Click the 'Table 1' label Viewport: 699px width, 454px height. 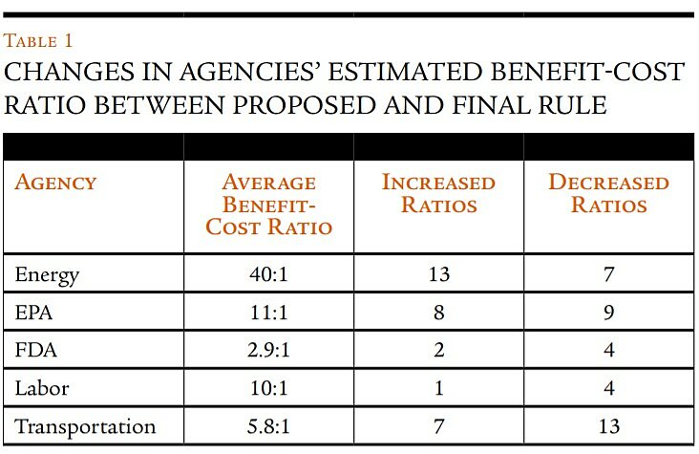coord(38,41)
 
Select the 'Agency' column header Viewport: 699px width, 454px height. coord(55,182)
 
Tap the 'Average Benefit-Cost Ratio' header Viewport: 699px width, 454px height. coord(268,204)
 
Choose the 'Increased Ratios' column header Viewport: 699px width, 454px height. coord(438,192)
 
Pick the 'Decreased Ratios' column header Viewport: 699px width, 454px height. coord(608,192)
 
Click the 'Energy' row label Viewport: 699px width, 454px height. coord(47,275)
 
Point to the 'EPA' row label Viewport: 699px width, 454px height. coord(35,313)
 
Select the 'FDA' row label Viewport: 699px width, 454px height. coord(36,350)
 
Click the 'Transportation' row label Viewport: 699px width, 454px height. coord(85,425)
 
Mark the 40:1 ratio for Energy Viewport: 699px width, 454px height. coord(268,275)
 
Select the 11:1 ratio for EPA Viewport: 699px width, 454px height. coord(268,313)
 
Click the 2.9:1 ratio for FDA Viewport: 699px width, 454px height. coord(268,350)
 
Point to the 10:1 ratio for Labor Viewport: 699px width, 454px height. coord(268,387)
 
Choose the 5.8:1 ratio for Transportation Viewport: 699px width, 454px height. coord(268,425)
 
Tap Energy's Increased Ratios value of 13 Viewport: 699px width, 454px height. coord(438,275)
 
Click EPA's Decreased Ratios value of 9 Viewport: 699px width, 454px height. coord(609,313)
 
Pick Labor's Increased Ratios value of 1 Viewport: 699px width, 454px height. coord(438,387)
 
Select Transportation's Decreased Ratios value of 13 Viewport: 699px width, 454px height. coord(609,425)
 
